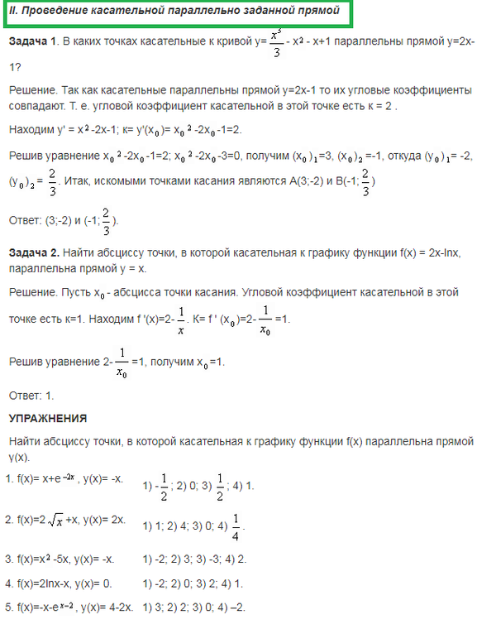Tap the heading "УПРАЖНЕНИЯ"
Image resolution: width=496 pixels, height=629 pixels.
pyautogui.click(x=47, y=418)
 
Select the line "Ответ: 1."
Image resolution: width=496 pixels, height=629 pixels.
pyautogui.click(x=30, y=396)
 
